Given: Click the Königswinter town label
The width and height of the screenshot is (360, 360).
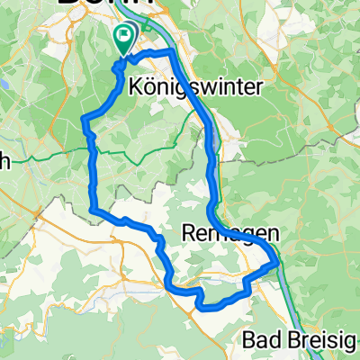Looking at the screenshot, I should click(x=183, y=88).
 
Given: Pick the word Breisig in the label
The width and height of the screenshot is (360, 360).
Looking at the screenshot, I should click(x=320, y=343).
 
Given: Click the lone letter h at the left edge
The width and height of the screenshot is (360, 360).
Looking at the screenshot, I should click(x=4, y=162).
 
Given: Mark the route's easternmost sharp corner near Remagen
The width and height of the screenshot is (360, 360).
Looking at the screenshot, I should click(x=275, y=265).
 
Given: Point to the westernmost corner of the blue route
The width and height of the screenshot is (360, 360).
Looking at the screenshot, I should click(x=84, y=119).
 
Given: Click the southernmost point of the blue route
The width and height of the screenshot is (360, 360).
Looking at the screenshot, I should click(x=202, y=308).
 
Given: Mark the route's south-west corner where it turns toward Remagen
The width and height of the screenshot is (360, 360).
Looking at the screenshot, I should click(x=93, y=210).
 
